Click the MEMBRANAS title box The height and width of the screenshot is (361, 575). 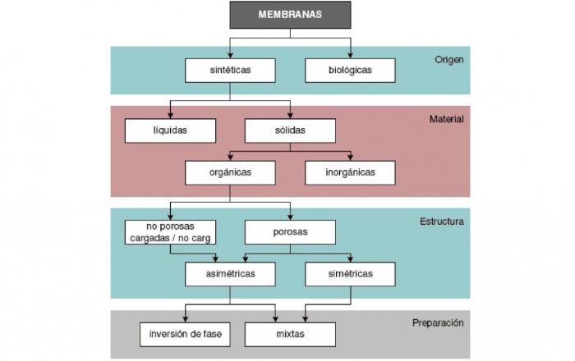290,15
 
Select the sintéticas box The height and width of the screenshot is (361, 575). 230,70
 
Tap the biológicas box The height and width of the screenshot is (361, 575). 350,70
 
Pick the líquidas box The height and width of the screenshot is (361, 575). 170,130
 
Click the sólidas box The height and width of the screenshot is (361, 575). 290,130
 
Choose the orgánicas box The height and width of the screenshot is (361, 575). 230,172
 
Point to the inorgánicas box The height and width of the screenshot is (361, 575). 350,172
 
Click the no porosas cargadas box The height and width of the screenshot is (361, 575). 170,232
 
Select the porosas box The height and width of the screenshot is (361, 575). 290,232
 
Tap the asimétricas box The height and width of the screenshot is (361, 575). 230,273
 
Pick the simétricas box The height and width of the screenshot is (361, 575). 350,273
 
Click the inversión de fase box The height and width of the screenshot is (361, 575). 185,334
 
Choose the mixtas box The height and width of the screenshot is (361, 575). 290,334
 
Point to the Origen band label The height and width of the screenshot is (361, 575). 449,59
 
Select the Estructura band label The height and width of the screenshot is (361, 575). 443,221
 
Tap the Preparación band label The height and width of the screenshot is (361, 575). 438,322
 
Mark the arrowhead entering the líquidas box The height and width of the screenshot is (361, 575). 170,115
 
